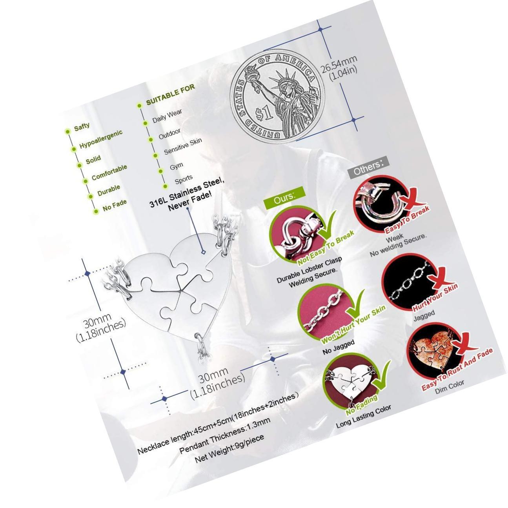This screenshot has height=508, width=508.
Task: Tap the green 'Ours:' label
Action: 284,198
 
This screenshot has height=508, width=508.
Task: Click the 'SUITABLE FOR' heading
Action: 171,95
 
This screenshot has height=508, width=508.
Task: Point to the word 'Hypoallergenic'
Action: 101,138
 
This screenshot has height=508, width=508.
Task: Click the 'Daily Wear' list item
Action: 167,116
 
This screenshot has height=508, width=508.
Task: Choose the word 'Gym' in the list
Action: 177,166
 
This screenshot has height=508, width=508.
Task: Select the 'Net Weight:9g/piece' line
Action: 229,448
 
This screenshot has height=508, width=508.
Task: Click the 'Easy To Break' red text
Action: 407,220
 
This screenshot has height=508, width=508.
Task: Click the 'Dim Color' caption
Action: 450,387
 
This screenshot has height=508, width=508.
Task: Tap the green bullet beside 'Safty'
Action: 68,131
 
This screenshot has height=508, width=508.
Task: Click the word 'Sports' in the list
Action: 184,179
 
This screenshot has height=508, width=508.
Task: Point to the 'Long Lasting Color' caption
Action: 364,417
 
